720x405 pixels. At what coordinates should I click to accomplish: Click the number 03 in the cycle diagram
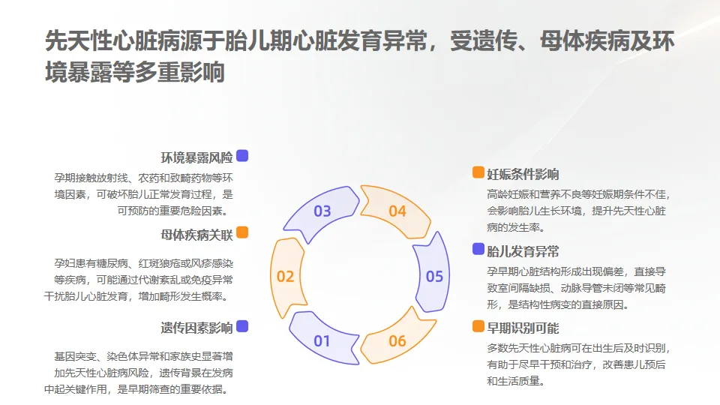[x=322, y=211]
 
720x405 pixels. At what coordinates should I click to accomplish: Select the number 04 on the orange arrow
[x=397, y=211]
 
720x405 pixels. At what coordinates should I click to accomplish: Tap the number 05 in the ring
[x=435, y=276]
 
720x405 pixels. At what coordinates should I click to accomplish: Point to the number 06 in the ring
[x=397, y=341]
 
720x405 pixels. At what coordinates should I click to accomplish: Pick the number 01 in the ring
[x=322, y=341]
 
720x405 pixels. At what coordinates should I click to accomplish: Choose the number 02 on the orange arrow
[x=285, y=276]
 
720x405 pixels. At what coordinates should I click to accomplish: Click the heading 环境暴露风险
[x=196, y=157]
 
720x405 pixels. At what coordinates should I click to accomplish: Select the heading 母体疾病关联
[x=196, y=235]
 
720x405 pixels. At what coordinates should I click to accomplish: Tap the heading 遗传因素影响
[x=196, y=328]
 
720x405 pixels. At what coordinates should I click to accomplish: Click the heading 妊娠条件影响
[x=523, y=175]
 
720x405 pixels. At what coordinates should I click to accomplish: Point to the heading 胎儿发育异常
[x=523, y=250]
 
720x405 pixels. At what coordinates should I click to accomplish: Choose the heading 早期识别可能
[x=523, y=328]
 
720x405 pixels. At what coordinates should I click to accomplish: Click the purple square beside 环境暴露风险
[x=242, y=156]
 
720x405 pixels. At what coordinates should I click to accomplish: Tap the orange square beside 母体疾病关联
[x=242, y=233]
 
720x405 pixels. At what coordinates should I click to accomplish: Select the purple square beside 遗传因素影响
[x=242, y=326]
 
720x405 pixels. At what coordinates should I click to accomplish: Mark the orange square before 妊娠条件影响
[x=478, y=173]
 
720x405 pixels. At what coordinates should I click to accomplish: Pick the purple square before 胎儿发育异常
[x=478, y=249]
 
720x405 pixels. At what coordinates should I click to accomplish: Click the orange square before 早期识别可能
[x=478, y=326]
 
